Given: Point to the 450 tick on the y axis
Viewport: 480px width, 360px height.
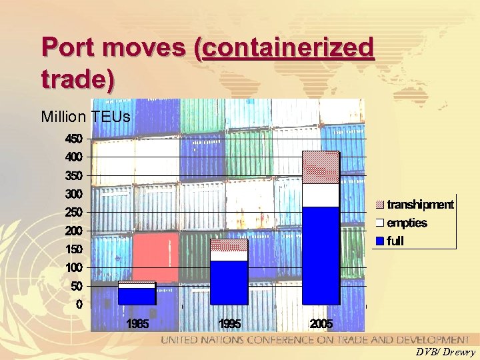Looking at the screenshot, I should point(73,139).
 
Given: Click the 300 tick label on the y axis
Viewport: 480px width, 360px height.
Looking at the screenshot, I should point(73,194).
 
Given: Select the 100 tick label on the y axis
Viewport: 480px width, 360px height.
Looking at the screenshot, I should point(73,267).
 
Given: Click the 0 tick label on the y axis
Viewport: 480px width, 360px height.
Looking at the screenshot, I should point(79,305).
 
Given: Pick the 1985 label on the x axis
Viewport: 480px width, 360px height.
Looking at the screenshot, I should point(137,324).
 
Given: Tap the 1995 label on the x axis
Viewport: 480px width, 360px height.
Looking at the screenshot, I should point(229,324).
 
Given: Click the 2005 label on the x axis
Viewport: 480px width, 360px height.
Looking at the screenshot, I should point(321,324).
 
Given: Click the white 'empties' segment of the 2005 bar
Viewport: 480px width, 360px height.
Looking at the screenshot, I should point(321,195).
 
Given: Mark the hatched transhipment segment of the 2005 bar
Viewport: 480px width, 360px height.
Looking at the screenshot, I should point(321,167).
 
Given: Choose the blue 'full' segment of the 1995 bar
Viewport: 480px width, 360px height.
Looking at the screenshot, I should point(229,282).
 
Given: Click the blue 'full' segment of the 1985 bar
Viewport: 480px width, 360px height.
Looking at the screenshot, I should point(137,296).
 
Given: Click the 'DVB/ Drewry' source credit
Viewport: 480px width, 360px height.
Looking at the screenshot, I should point(445,352).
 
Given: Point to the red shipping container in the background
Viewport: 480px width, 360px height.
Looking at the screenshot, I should point(155,257).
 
